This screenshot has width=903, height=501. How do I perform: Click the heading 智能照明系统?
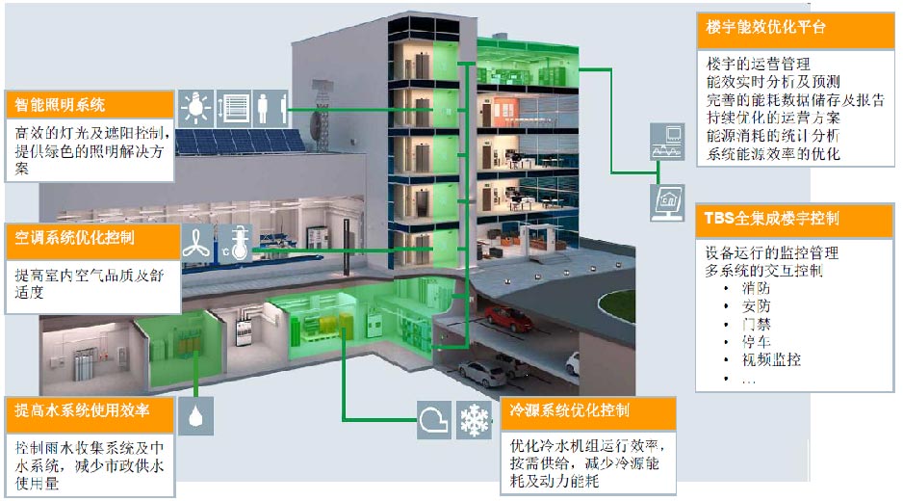pos(60,104)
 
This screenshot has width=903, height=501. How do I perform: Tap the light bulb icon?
pos(196,107)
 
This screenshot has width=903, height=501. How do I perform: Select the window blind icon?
pos(234,107)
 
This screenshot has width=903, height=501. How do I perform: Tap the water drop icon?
pos(196,416)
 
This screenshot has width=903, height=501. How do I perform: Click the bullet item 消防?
pos(757,289)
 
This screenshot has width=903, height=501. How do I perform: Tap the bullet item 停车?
pos(757,342)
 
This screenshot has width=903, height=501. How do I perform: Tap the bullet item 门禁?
pos(757,325)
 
